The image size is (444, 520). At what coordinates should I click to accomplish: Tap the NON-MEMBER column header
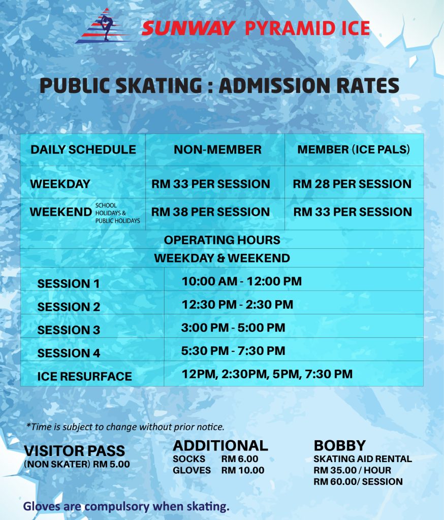217,150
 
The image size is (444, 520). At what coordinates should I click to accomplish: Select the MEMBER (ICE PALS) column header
354,150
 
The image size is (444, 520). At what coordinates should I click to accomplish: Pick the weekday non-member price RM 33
210,184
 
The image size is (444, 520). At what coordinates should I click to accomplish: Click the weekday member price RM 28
352,184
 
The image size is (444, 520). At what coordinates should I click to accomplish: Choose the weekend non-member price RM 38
210,212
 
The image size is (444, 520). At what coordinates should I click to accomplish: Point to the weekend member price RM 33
353,212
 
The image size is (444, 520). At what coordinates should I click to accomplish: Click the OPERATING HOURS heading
222,240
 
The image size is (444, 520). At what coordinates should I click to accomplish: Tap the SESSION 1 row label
69,284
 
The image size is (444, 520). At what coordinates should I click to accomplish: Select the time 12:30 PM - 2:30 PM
237,305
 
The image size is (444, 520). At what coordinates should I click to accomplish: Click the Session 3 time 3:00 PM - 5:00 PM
233,328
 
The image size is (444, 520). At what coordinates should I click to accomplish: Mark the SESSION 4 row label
69,353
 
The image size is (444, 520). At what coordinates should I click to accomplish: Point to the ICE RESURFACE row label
84,377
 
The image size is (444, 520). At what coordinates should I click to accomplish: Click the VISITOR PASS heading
75,451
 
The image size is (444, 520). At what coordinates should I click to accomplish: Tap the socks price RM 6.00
240,459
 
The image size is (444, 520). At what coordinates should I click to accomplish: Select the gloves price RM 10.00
243,470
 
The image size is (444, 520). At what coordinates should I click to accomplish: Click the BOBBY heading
339,446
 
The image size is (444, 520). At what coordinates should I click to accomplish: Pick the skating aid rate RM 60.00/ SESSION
358,481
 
